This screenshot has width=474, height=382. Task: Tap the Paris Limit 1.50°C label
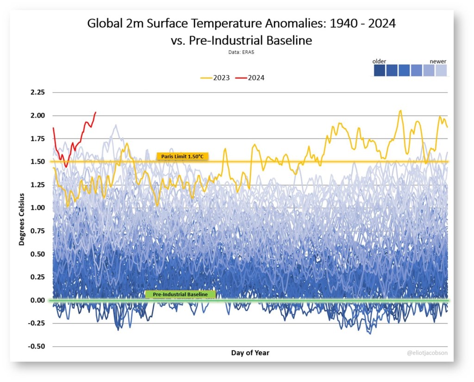coord(183,157)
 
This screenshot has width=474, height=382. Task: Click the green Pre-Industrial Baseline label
coord(180,294)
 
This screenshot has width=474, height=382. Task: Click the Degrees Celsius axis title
coord(22,219)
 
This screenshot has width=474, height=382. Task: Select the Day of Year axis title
coord(250,353)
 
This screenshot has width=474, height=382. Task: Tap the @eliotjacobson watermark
coord(427,353)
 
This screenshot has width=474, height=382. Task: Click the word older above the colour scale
coord(380,62)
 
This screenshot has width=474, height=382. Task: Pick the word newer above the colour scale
coord(437,62)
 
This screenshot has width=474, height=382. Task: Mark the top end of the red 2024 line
coord(95,112)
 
